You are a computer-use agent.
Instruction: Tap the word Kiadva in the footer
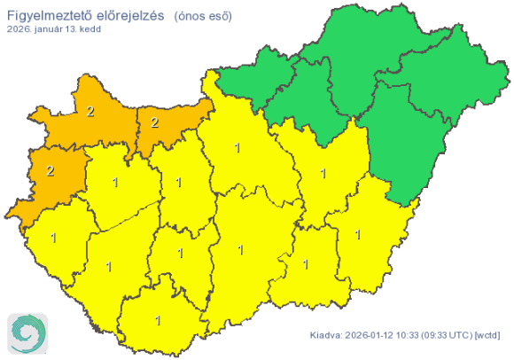coord(325,335)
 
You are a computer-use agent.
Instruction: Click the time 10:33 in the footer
coord(414,335)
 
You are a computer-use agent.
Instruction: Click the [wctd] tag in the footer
coord(487,335)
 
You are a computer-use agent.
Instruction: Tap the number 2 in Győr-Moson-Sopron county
coord(90,112)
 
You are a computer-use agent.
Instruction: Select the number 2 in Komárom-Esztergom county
coord(154,121)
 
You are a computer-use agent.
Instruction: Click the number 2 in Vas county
coord(51,170)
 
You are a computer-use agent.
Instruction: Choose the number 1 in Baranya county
coord(159,321)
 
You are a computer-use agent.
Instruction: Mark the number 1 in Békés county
coord(357,235)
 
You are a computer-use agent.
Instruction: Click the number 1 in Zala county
coord(54,238)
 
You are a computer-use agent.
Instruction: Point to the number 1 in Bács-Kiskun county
coord(240,251)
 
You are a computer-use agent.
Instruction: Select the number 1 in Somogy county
coord(109,266)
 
